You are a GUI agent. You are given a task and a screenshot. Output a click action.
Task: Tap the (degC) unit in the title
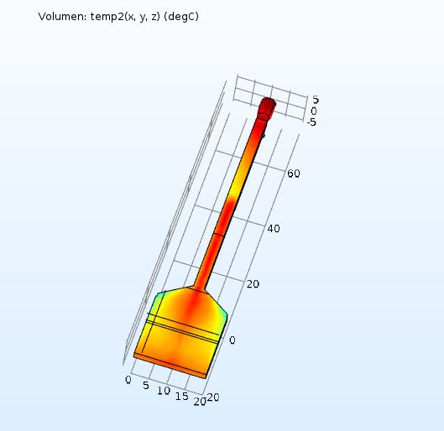pyautogui.click(x=181, y=17)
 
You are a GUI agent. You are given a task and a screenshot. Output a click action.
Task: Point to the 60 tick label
pyautogui.click(x=294, y=174)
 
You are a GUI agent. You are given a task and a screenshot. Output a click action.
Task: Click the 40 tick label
pyautogui.click(x=274, y=229)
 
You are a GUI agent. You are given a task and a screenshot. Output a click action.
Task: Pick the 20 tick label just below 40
pyautogui.click(x=253, y=284)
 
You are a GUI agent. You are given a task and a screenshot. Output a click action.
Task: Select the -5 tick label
pyautogui.click(x=311, y=122)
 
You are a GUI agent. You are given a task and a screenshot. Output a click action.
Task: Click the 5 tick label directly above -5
pyautogui.click(x=315, y=100)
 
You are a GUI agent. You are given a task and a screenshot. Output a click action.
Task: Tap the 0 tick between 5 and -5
pyautogui.click(x=313, y=112)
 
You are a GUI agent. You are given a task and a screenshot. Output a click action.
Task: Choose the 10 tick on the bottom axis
pyautogui.click(x=164, y=391)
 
